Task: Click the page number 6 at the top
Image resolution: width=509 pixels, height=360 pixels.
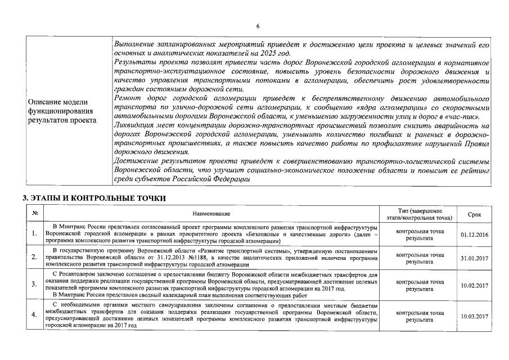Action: click(258, 26)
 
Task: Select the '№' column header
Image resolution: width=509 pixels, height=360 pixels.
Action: click(34, 214)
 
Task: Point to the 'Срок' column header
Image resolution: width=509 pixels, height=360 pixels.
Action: click(474, 214)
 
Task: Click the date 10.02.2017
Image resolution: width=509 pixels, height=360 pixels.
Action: click(474, 285)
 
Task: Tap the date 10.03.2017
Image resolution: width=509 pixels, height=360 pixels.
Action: click(474, 316)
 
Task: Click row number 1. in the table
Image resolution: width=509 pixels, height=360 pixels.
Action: click(34, 234)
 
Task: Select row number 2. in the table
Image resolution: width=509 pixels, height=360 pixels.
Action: click(34, 258)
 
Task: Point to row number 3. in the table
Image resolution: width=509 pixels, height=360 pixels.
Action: click(34, 285)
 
